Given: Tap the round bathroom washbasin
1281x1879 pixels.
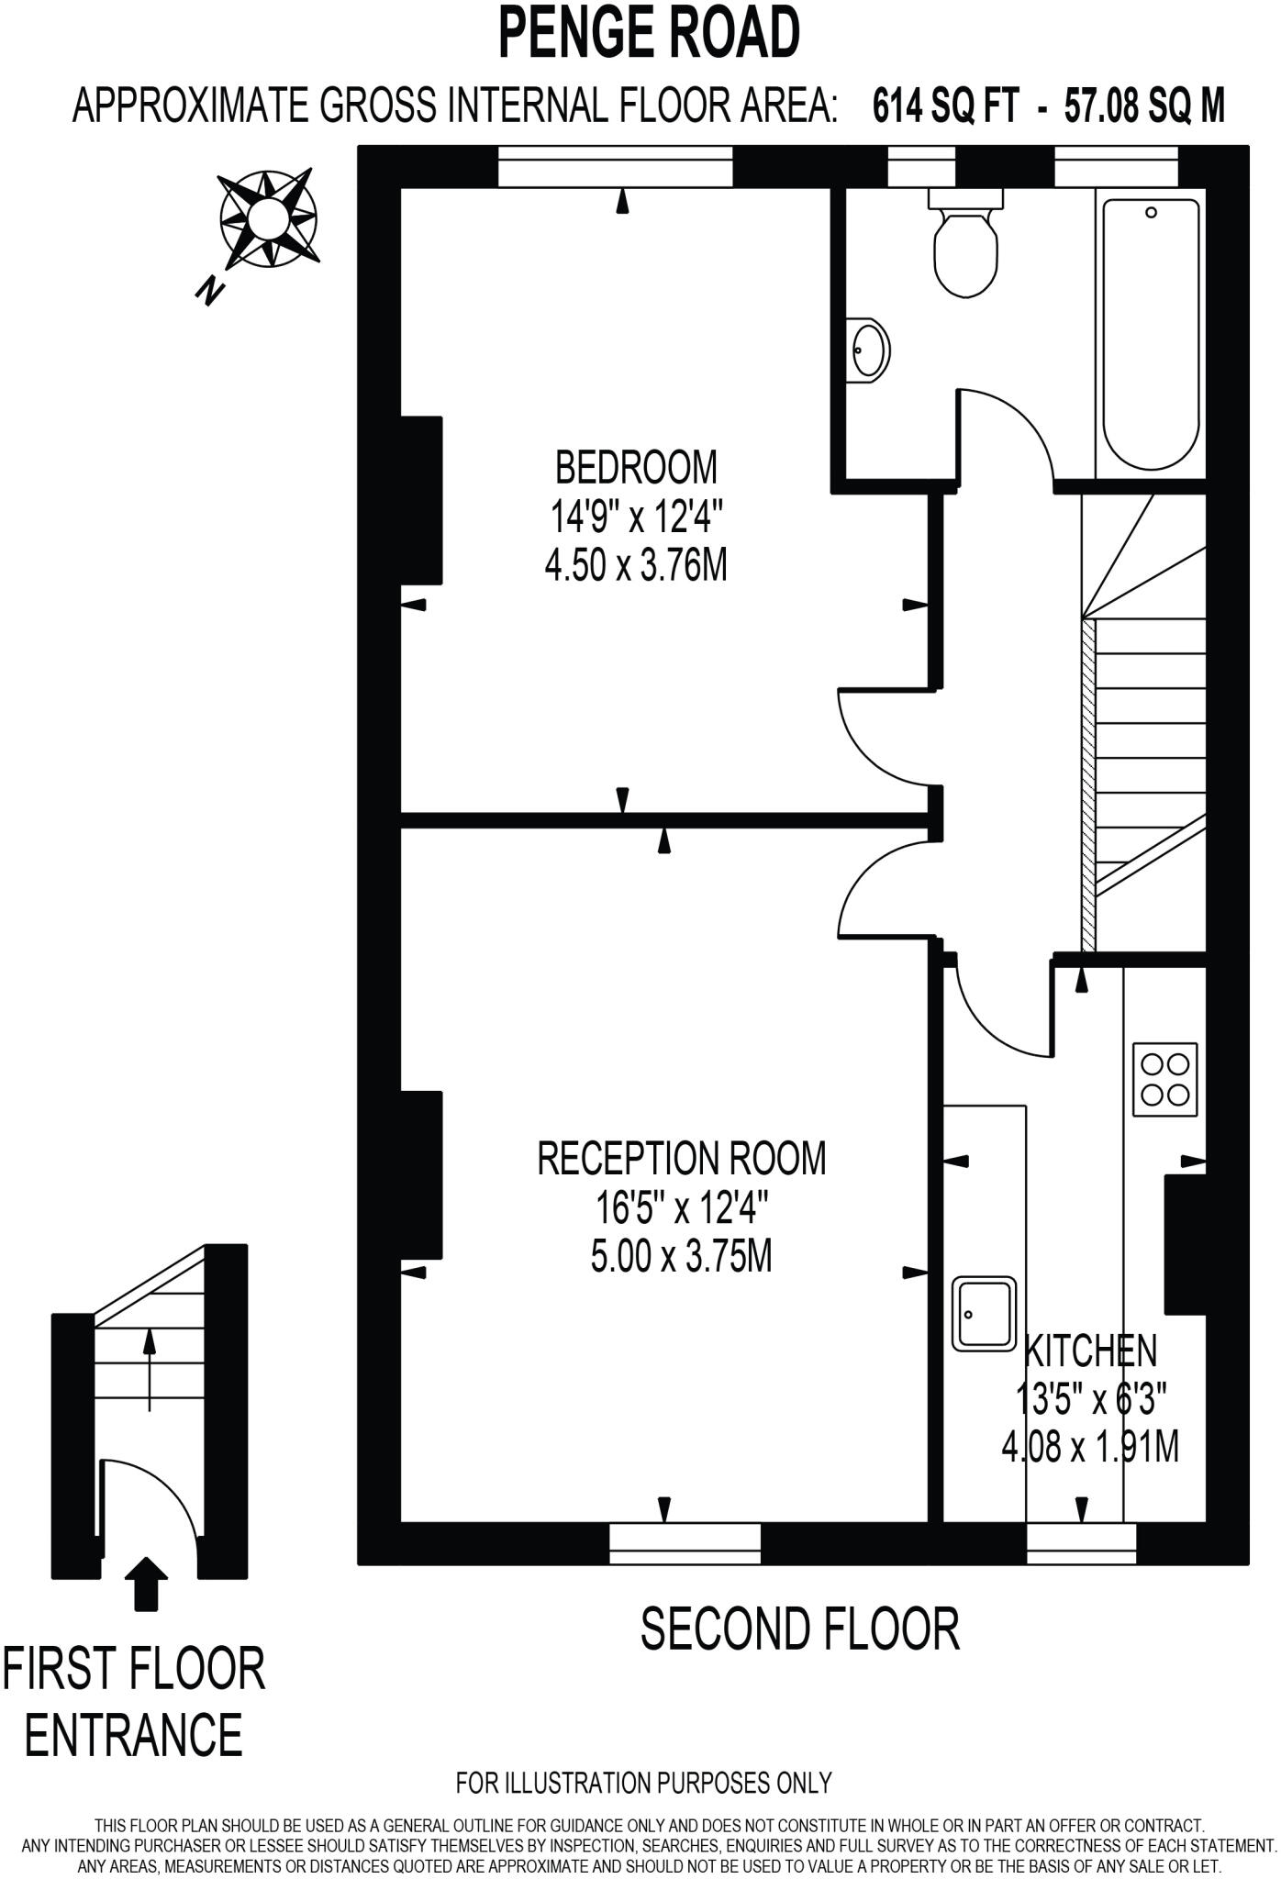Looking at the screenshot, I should click(x=869, y=349).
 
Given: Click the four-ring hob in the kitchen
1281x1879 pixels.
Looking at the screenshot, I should click(x=1164, y=1079).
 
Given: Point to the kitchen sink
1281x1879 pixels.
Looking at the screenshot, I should click(x=984, y=1313).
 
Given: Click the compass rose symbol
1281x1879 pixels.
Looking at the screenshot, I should click(x=269, y=218).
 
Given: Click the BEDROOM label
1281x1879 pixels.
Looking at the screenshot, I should click(x=636, y=468).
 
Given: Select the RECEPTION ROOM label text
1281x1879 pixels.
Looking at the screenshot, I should click(x=681, y=1158).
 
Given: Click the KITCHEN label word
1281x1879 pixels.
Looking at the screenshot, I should click(x=1090, y=1351).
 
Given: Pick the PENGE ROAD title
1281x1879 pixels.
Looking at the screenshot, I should click(x=649, y=33).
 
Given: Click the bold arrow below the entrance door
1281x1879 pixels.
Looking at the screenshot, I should click(x=146, y=1583).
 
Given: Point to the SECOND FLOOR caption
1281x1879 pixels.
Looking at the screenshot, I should click(x=799, y=1629).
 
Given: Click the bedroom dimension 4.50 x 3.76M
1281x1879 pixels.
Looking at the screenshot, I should click(x=636, y=565).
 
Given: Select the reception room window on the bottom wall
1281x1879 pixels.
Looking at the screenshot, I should click(x=685, y=1543).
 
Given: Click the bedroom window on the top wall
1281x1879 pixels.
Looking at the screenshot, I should click(x=615, y=166).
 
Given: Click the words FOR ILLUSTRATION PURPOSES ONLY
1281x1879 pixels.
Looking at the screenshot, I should click(x=643, y=1783).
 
